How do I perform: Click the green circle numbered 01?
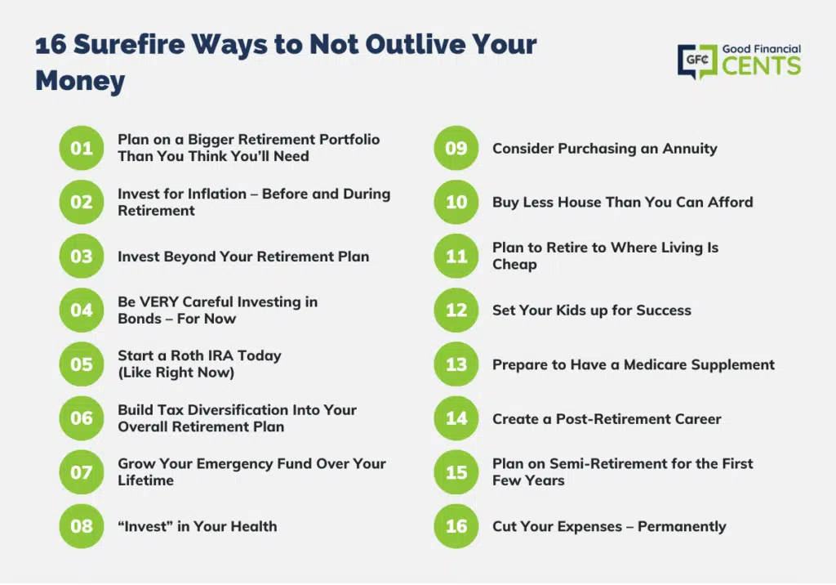(x=82, y=148)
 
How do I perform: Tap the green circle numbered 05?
(x=82, y=364)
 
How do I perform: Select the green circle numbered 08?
(x=82, y=526)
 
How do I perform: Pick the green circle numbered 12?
(x=456, y=310)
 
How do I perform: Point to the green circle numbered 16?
(x=456, y=526)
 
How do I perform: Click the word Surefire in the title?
(x=128, y=44)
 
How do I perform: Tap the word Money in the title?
(x=80, y=81)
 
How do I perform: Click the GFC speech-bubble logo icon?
(x=697, y=61)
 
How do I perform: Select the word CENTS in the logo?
(x=762, y=66)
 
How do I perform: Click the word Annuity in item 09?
(x=690, y=149)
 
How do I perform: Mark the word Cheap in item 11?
(x=514, y=265)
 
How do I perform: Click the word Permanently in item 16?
(x=682, y=527)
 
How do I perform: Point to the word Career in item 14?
(x=696, y=419)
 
